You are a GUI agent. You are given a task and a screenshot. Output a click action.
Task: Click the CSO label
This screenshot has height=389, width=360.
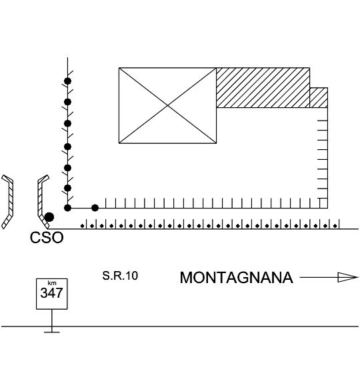click(47, 237)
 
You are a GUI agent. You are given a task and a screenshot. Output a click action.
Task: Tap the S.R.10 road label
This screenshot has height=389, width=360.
click(120, 276)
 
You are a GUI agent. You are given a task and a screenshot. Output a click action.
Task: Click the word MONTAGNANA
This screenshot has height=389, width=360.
click(237, 277)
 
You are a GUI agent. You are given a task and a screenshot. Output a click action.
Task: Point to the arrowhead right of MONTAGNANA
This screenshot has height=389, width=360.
click(348, 277)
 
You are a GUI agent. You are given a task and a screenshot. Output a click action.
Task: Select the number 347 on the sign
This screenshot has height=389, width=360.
click(51, 293)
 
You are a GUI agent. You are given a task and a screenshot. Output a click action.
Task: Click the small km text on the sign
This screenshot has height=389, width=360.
click(52, 283)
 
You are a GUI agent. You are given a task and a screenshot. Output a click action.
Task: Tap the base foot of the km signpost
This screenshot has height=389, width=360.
click(52, 332)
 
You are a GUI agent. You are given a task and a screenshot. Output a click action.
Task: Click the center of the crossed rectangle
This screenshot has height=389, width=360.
click(167, 106)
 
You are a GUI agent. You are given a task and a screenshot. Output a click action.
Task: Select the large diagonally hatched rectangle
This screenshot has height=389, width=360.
click(263, 87)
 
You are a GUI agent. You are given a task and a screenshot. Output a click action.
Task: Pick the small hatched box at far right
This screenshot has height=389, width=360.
click(319, 97)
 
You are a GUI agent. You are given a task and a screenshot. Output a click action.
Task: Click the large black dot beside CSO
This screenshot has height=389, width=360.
click(49, 217)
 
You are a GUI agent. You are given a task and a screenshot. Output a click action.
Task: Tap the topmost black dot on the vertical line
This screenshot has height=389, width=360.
click(67, 81)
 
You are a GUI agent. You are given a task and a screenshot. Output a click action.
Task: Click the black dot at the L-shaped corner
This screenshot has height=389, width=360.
click(67, 208)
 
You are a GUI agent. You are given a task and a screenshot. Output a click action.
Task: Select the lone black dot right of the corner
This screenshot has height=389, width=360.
click(95, 208)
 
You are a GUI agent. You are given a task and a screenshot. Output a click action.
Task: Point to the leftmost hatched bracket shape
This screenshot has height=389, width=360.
click(7, 201)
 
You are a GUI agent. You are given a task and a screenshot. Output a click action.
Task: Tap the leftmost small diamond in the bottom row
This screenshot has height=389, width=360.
click(83, 226)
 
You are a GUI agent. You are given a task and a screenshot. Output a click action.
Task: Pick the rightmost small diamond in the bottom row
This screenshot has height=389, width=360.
click(335, 226)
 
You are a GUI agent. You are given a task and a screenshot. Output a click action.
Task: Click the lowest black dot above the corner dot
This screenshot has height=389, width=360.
click(67, 188)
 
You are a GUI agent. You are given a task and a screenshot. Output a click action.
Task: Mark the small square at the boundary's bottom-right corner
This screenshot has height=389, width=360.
click(323, 203)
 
